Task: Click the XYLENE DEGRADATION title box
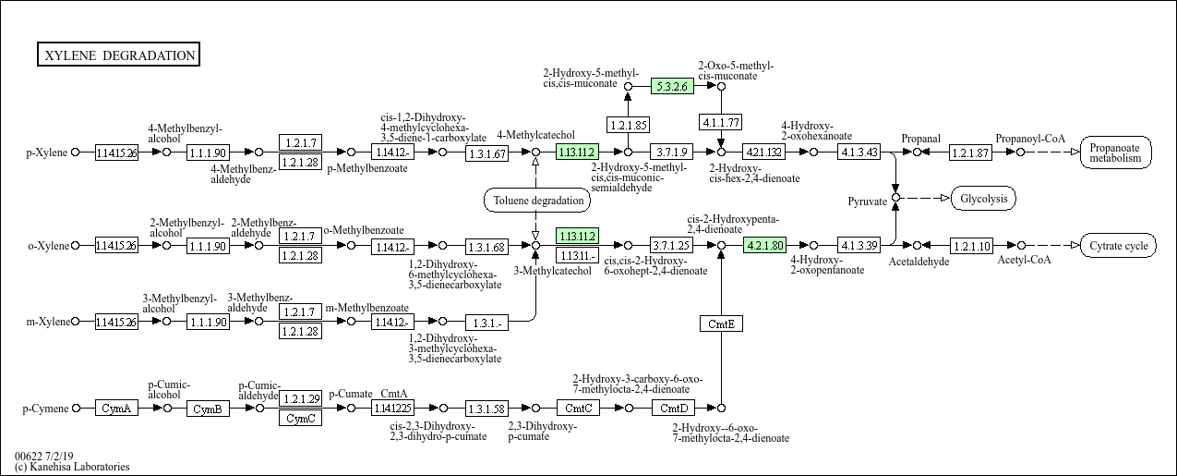(119, 55)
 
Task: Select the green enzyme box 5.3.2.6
(671, 86)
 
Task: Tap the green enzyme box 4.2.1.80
(764, 246)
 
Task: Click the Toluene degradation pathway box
(538, 200)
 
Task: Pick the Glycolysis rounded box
(983, 199)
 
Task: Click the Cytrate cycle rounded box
(1118, 246)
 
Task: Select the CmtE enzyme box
(720, 323)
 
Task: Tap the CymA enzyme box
(116, 408)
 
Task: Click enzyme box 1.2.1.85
(628, 123)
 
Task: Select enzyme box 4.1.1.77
(721, 123)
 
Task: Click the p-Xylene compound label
(47, 153)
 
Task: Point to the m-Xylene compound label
(47, 322)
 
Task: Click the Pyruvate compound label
(868, 200)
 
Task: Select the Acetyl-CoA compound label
(1024, 260)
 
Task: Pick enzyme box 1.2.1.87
(971, 153)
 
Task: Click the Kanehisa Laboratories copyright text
(72, 467)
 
